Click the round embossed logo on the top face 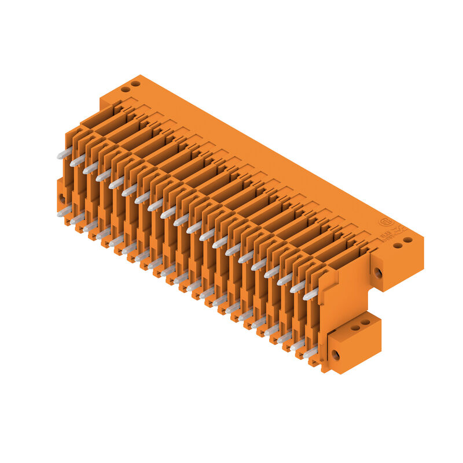pos(385,222)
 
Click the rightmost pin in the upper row pos(311,295)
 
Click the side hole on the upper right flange pos(377,272)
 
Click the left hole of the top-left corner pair pos(124,90)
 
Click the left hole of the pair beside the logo pos(398,245)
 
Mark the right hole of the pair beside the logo pos(408,240)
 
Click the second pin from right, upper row pos(297,286)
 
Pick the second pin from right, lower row pos(297,346)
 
